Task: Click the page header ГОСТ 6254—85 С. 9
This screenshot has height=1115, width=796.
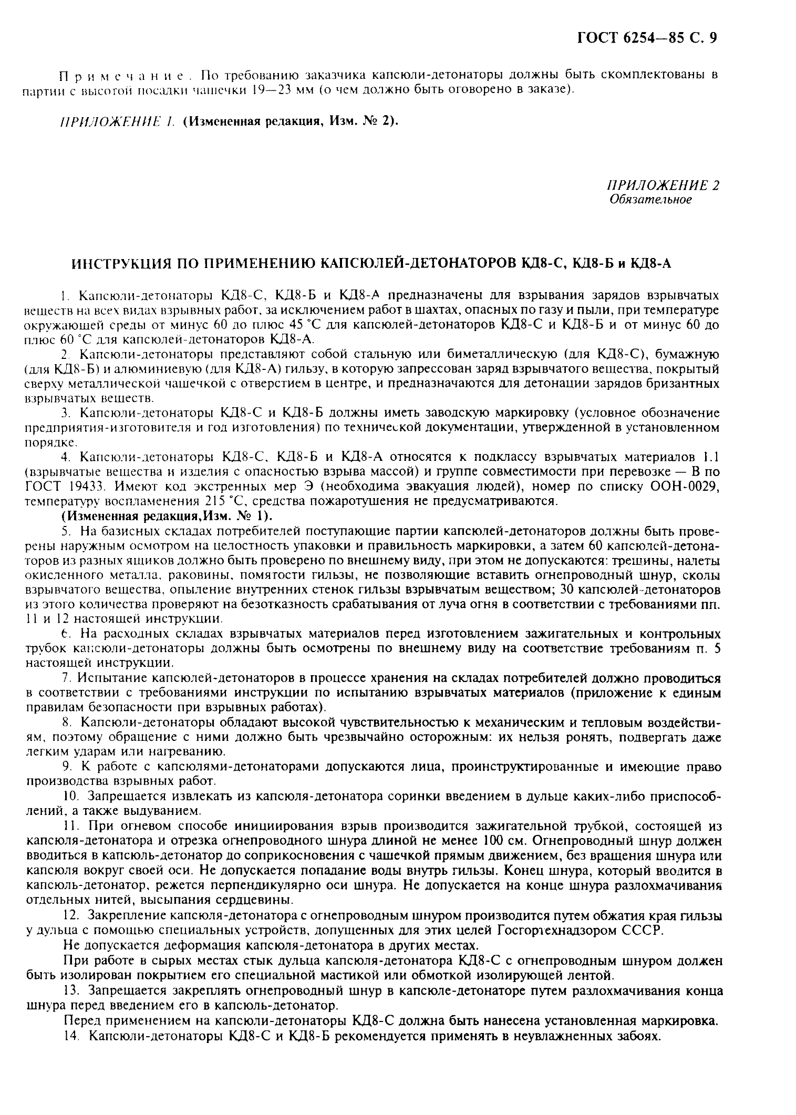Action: click(x=647, y=38)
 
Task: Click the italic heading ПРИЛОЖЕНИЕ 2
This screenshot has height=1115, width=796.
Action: click(x=663, y=185)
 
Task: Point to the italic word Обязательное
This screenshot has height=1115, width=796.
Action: click(x=651, y=200)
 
